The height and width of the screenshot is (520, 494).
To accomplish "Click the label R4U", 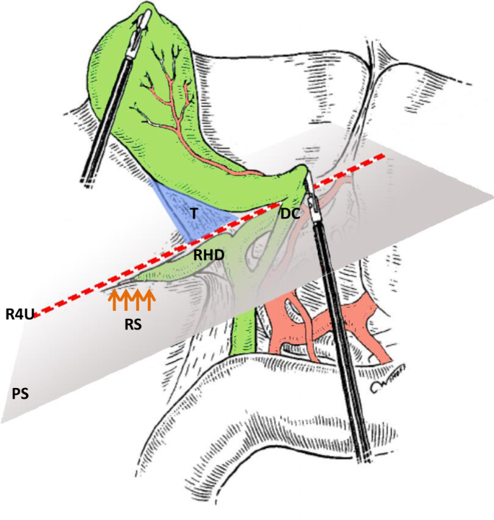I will (19, 314).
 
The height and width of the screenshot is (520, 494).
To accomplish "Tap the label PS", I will (20, 394).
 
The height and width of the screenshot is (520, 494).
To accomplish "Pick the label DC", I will (290, 213).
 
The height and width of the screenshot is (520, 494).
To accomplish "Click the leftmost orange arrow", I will (113, 299).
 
